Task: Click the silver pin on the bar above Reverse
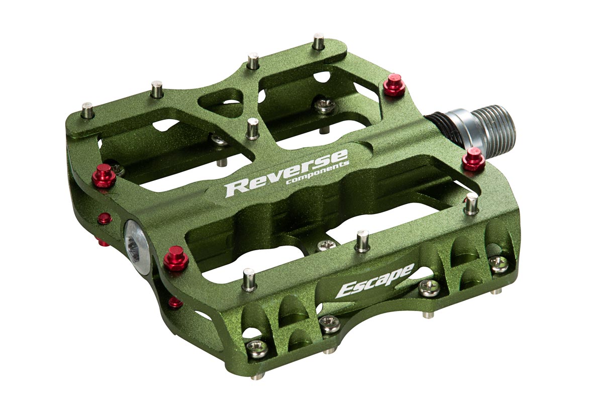[x=253, y=129]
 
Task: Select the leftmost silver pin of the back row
[x=88, y=110]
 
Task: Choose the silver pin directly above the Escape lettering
[x=362, y=241]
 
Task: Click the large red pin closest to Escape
[x=176, y=258]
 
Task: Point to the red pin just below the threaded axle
[x=473, y=159]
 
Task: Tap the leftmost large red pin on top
[x=104, y=175]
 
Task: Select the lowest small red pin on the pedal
[x=175, y=302]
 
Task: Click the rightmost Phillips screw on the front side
[x=498, y=263]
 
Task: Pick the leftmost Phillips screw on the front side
[x=258, y=348]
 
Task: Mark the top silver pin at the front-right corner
[x=471, y=204]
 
